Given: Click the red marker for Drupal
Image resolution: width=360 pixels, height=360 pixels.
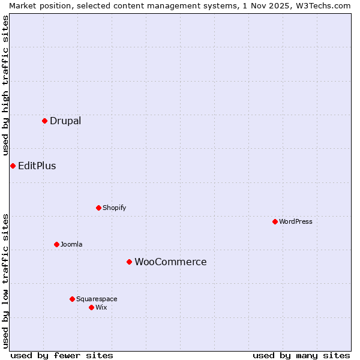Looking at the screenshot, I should coord(44,121).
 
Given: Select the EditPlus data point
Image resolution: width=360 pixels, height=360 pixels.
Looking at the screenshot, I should coord(13,166).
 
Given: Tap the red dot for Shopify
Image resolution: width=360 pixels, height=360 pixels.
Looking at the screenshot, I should coord(98,208).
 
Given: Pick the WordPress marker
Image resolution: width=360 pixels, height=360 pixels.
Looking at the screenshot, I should coord(275,221).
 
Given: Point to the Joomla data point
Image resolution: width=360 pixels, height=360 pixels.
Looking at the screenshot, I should coord(56,244).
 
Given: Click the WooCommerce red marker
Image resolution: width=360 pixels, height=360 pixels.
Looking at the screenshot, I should coord(129,262).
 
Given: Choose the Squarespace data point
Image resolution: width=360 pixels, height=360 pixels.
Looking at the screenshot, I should coord(72,299).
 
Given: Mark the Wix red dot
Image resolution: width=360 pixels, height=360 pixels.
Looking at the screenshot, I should coord(91,307).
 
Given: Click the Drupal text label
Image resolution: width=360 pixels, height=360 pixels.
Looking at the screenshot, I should coord(65,121).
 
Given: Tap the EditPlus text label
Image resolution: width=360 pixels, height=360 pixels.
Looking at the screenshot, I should coord(37,166).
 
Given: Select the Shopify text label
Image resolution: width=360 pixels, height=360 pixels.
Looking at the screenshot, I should coord(115,208).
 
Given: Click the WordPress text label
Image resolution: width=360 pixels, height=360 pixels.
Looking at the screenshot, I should coord(296,221).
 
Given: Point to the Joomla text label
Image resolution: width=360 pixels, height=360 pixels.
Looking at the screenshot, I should coord(71,244).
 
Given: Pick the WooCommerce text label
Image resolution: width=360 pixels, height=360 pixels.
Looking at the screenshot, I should coord(170,262).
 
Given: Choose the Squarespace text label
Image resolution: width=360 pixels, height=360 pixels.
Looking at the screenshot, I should coord(97,299).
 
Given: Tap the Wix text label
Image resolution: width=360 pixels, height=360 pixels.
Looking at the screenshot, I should coord(101,307).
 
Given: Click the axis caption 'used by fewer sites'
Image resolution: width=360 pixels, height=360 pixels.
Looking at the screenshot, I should coord(62,355).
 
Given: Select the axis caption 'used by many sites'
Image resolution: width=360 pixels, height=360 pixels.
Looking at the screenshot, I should coord(301,355).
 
